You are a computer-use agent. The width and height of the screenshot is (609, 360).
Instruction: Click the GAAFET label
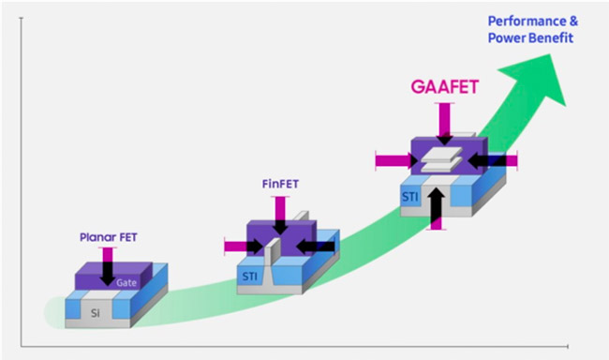coord(445,86)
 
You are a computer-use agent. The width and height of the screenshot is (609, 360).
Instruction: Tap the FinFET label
coord(280,184)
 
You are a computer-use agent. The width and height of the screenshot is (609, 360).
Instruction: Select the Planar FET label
coord(109,237)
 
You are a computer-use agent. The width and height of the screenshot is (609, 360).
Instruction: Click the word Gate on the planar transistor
coord(126,282)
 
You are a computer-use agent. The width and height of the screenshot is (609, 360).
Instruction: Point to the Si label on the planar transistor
coord(96,313)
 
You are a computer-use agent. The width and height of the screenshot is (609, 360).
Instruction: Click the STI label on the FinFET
coord(250,277)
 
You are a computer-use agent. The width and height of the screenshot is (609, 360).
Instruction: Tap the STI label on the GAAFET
coord(410,197)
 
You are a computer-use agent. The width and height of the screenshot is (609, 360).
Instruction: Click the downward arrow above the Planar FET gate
coord(107,266)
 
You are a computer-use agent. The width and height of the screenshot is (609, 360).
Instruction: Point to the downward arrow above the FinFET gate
coord(280,216)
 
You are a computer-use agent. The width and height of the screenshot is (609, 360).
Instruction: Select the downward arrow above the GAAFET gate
coord(445,124)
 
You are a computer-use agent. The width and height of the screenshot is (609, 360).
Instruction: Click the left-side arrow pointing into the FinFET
coord(244,246)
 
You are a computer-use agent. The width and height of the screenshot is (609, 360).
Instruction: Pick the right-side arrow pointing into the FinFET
coord(316,246)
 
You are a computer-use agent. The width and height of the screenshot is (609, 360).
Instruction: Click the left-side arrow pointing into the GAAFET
coord(396,160)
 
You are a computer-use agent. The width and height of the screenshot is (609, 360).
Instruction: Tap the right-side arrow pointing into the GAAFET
coord(493,160)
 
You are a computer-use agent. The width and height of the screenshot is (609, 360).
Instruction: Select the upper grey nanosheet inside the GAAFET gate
coord(442,154)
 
